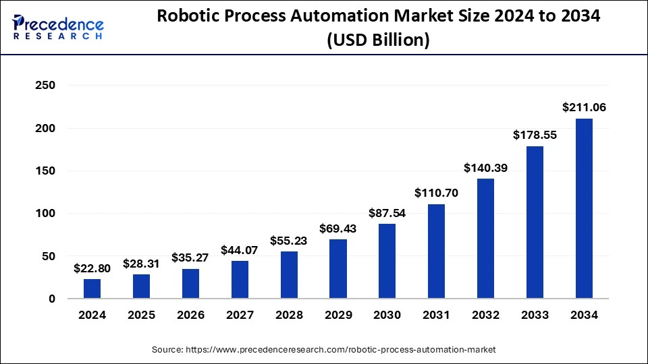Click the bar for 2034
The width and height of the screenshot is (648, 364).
(584, 209)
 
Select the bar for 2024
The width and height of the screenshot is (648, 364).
(92, 289)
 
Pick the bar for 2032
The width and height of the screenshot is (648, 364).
(486, 239)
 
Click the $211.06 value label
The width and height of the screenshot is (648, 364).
(584, 107)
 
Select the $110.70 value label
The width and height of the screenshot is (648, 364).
(437, 193)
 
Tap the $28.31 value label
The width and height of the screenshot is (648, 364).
(142, 264)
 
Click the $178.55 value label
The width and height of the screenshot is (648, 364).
(535, 135)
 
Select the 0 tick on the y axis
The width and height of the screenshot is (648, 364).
(51, 299)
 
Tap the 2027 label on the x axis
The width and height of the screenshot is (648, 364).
(240, 315)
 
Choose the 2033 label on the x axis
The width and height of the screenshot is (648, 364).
(535, 315)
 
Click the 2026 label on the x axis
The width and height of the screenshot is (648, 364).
(190, 315)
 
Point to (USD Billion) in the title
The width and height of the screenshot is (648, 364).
(378, 40)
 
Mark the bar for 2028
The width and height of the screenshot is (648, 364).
(289, 275)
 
